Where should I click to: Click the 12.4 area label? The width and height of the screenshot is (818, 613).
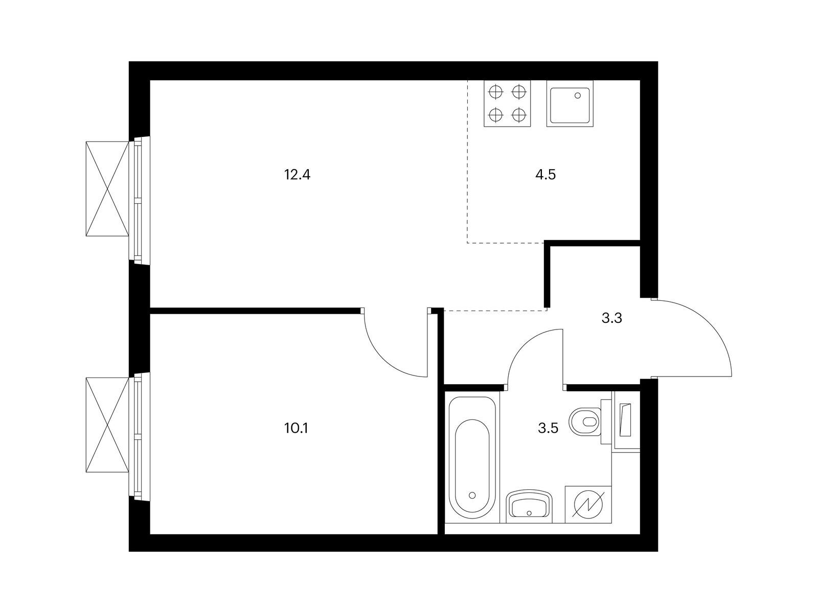[x=297, y=175]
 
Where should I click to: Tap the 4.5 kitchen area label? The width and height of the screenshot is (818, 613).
[x=545, y=175]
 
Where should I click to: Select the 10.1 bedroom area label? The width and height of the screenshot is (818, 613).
[x=296, y=429]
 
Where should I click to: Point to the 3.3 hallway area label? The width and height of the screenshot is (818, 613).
[x=612, y=318]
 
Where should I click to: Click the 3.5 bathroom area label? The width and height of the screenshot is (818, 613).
[x=548, y=429]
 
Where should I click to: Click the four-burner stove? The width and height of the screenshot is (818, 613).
[x=507, y=104]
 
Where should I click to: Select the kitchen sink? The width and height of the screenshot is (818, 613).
[x=570, y=104]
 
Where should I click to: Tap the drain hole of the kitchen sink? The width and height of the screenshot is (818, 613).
[x=578, y=96]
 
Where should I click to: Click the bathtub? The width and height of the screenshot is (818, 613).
[x=472, y=457]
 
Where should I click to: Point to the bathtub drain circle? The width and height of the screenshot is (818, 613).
[x=472, y=496]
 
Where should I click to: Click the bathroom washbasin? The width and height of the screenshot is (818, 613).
[x=529, y=506]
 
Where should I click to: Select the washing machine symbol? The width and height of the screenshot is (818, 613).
[x=588, y=504]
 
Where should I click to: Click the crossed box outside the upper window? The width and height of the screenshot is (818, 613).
[x=107, y=188]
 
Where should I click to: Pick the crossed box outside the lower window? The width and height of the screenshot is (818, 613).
[x=107, y=425]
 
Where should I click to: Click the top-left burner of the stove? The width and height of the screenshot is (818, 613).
[x=496, y=92]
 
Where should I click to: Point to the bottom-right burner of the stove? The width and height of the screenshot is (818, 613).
[x=518, y=114]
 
